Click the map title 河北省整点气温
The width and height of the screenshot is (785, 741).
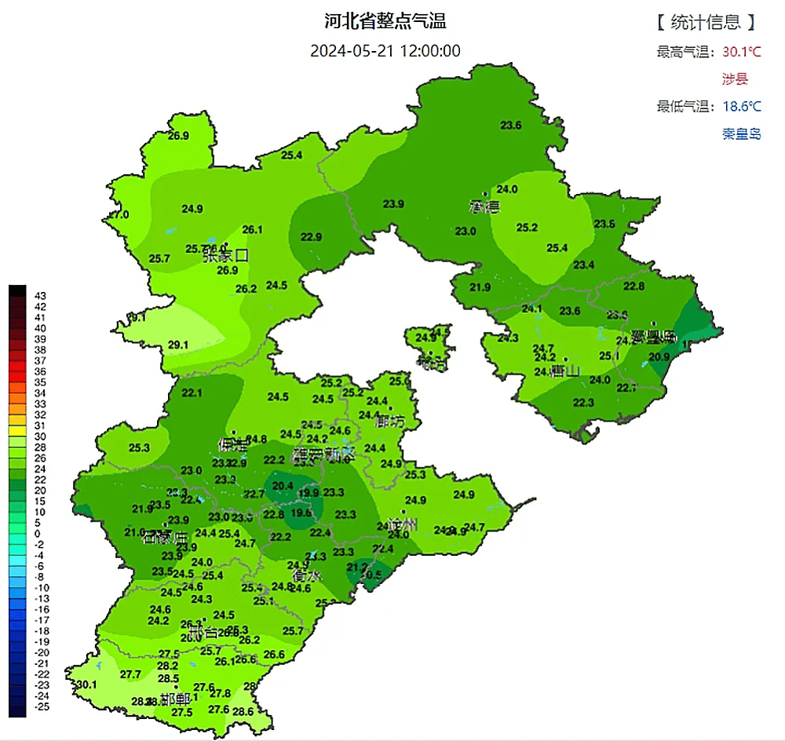(x=385, y=21)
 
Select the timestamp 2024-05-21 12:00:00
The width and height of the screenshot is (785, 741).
(x=385, y=51)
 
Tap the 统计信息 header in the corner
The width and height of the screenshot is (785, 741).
(x=707, y=21)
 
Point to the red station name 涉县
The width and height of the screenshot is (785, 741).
(x=736, y=78)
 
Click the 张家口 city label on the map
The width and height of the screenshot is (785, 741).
(x=225, y=255)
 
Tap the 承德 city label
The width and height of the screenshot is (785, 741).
(x=484, y=207)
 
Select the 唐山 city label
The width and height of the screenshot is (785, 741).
(x=564, y=371)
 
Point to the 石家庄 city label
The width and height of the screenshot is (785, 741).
(x=166, y=538)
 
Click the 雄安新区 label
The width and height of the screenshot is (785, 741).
(x=323, y=454)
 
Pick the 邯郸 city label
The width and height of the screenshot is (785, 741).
(x=174, y=699)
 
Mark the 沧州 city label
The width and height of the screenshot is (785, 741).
(x=403, y=524)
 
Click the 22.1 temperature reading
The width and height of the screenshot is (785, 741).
(x=192, y=392)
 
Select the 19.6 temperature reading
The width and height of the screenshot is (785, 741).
(x=301, y=513)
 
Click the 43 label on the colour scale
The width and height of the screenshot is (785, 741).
(x=41, y=294)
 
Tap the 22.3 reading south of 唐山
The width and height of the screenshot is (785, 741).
(x=583, y=403)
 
